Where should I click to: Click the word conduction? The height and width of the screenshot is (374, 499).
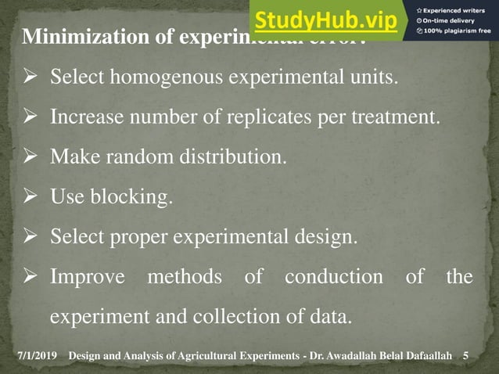[x=334, y=277]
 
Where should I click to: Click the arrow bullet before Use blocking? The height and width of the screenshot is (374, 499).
[x=31, y=196]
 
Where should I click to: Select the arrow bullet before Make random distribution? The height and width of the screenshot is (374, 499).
[x=31, y=157]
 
